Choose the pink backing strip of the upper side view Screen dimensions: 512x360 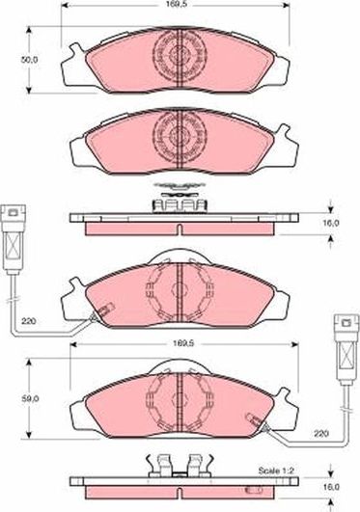tap(180, 229)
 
